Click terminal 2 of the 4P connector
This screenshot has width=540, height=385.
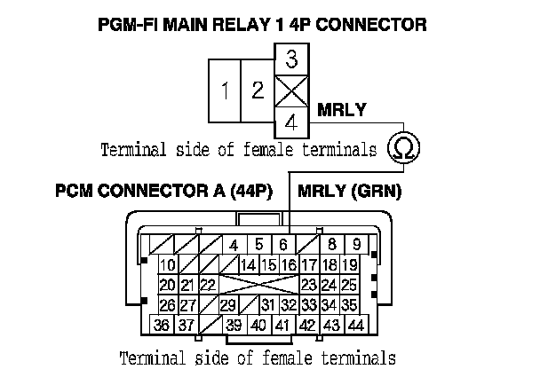pyautogui.click(x=258, y=90)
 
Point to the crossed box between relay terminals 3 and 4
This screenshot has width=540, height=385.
pyautogui.click(x=291, y=90)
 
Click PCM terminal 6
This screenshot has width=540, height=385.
pyautogui.click(x=282, y=245)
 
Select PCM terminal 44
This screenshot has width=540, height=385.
pyautogui.click(x=356, y=326)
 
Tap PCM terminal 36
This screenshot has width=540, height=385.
pyautogui.click(x=162, y=326)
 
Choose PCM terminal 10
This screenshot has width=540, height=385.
pyautogui.click(x=167, y=265)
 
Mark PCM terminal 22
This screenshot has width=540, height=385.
pyautogui.click(x=208, y=285)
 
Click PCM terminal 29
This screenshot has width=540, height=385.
pyautogui.click(x=228, y=305)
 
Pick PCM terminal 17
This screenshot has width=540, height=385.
pyautogui.click(x=309, y=265)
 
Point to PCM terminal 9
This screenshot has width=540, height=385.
pyautogui.click(x=355, y=245)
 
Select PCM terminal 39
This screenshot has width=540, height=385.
pyautogui.click(x=234, y=326)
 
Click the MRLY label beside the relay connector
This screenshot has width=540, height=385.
pyautogui.click(x=342, y=111)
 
